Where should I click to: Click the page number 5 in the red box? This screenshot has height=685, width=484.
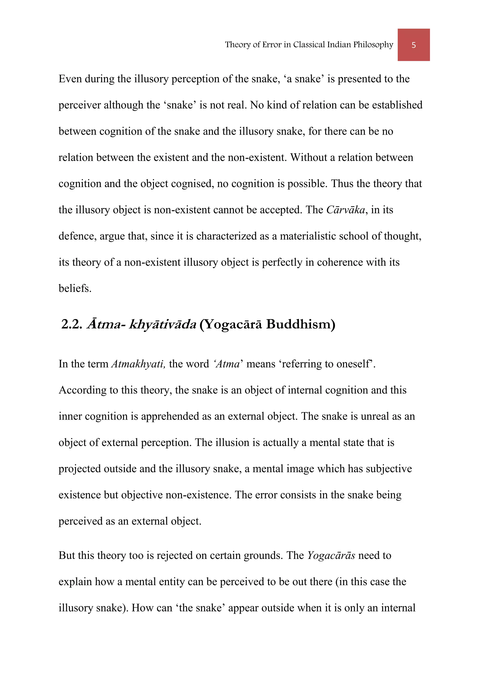pyautogui.click(x=413, y=45)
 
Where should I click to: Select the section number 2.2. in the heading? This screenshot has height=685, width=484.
pyautogui.click(x=72, y=324)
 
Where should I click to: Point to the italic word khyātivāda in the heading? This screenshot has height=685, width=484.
pyautogui.click(x=163, y=324)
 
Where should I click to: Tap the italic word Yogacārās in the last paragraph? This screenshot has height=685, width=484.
pyautogui.click(x=331, y=556)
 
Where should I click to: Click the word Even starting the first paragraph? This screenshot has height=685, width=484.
pyautogui.click(x=70, y=79)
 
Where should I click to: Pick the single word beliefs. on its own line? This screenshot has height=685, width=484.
pyautogui.click(x=75, y=289)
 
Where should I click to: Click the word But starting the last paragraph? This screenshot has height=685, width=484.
pyautogui.click(x=67, y=556)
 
